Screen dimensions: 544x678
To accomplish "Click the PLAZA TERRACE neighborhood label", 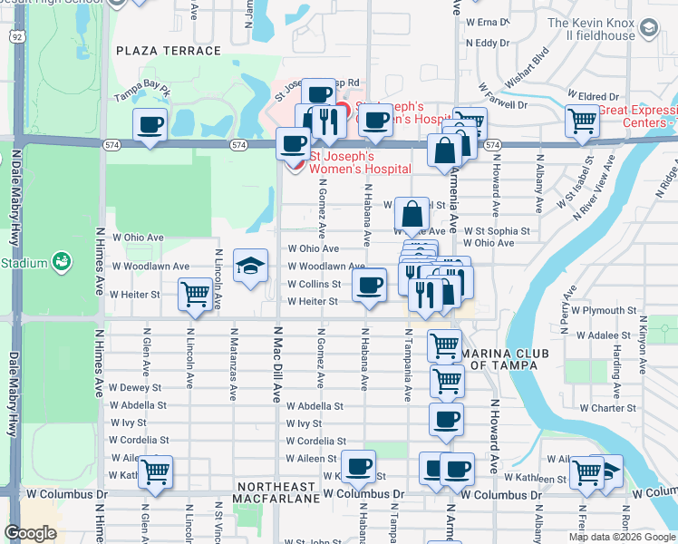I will pos(169,51).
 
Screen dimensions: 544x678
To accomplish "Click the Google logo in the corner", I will pos(30,533).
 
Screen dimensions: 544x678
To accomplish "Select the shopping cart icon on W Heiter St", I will pos(196,295).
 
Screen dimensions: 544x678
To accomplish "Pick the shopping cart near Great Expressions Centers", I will pos(581,120).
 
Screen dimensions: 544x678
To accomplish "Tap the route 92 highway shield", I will pos(18,36).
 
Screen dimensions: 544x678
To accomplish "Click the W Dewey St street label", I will pos(135,387).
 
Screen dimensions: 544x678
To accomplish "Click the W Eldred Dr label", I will pos(593,96).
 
